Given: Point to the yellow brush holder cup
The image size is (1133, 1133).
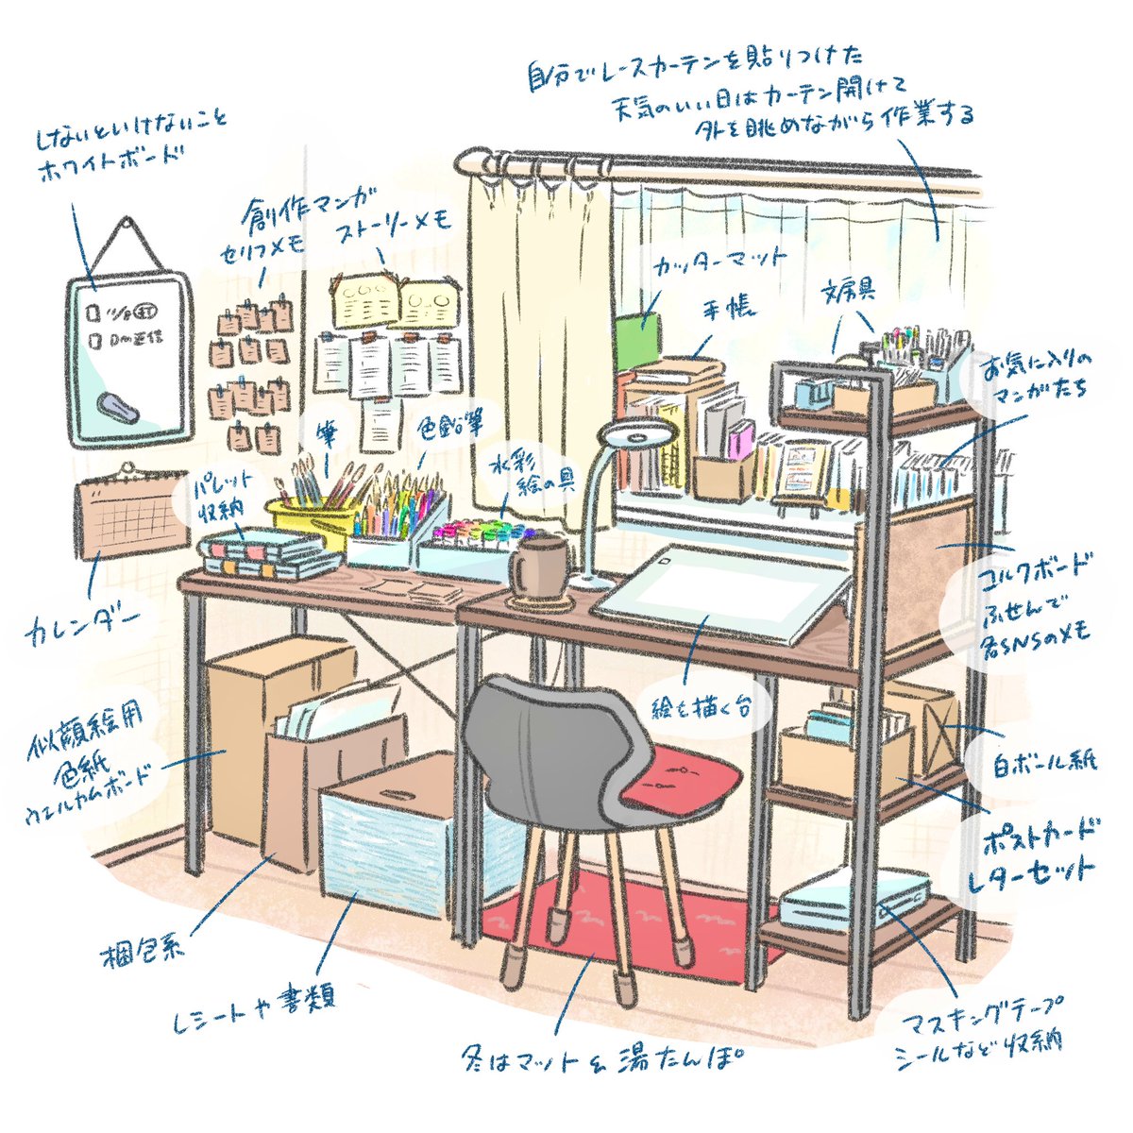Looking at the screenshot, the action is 312,519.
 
